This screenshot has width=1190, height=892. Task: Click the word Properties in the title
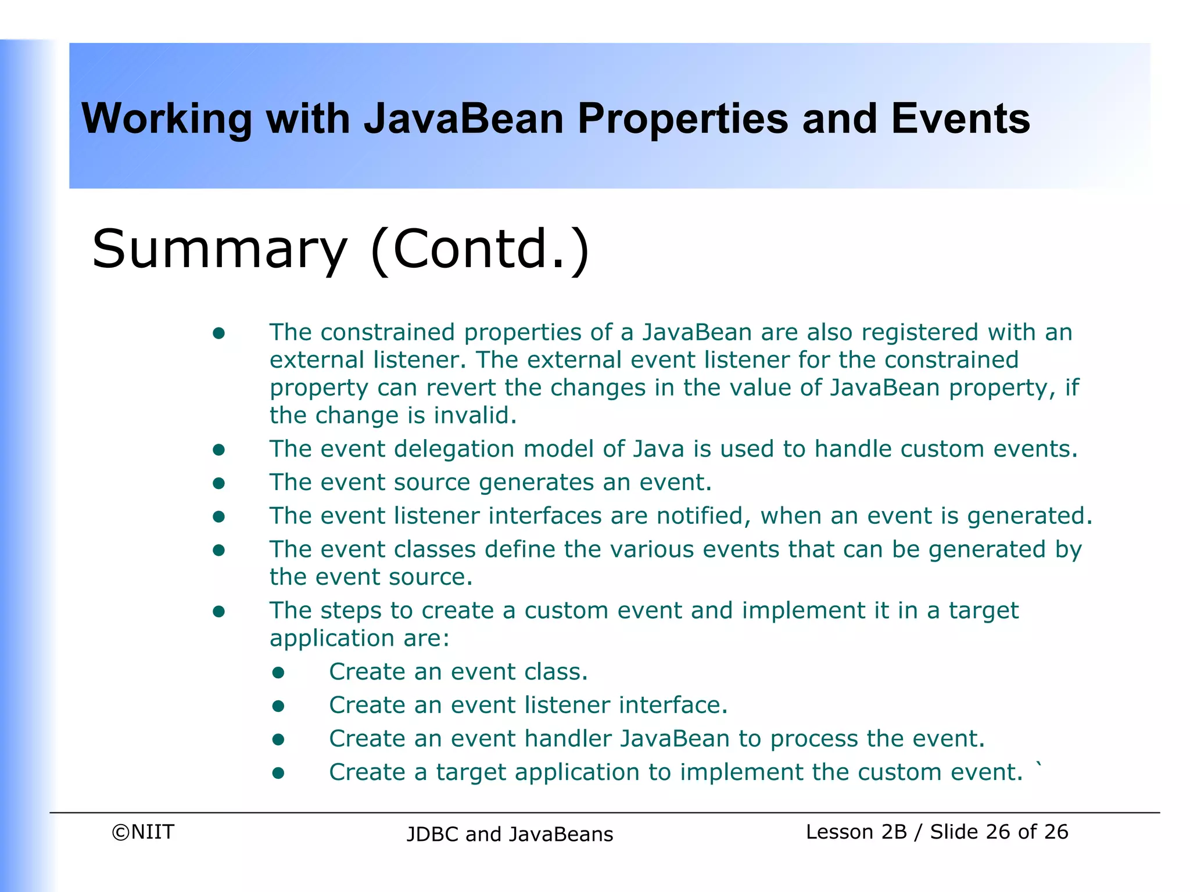tap(683, 120)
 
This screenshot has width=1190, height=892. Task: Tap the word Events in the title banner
tap(960, 118)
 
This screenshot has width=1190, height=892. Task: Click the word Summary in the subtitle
tap(219, 249)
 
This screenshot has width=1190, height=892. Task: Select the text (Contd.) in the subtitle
tap(480, 249)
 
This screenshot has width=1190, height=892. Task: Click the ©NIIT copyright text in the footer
tap(142, 832)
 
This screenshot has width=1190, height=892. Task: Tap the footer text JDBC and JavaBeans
tap(510, 834)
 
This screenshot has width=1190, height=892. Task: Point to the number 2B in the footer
tap(894, 832)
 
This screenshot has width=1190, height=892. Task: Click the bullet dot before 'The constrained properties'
tap(218, 333)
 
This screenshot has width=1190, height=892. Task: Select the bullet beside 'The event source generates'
tap(218, 483)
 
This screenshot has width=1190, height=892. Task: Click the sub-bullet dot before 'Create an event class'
tap(278, 672)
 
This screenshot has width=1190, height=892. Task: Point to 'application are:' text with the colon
tap(360, 638)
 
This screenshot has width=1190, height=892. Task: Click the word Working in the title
tap(166, 120)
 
